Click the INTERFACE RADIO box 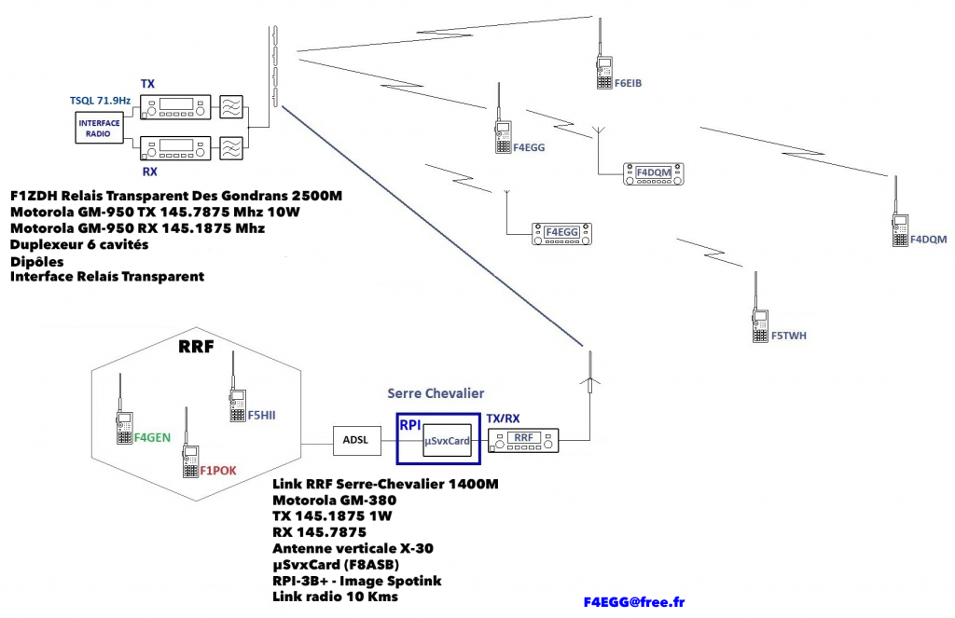click(99, 128)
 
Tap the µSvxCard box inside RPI click(448, 441)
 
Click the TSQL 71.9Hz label click(100, 101)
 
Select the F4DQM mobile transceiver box click(654, 173)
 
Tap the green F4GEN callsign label click(152, 437)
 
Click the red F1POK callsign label click(218, 471)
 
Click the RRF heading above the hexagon click(196, 347)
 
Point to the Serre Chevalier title click(436, 393)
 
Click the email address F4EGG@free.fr click(634, 602)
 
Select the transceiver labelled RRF click(524, 441)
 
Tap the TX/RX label click(503, 419)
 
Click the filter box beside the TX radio click(231, 107)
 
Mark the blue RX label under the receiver click(150, 172)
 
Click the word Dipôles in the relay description click(37, 262)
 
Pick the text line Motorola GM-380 click(335, 501)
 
